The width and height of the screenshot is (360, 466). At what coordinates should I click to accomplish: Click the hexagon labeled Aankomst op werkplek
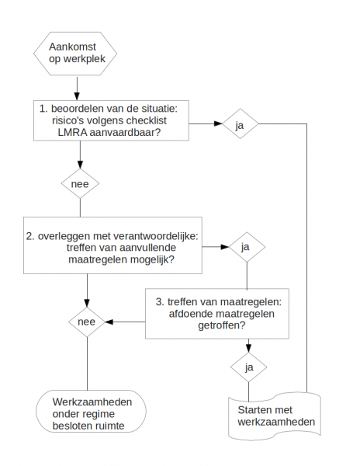pos(75,54)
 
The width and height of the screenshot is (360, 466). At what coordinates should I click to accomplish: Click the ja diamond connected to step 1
pos(240,124)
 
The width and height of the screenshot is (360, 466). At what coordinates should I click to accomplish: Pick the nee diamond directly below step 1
pos(80,183)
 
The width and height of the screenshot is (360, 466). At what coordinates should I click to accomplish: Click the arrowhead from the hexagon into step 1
pos(77,96)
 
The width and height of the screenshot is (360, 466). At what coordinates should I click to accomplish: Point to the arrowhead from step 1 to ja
pos(218,123)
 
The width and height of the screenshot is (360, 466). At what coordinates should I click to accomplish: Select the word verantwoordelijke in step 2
pos(154,236)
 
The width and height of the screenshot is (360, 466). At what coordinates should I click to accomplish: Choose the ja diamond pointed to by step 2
pos(247,247)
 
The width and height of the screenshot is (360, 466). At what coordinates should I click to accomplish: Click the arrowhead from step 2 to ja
pos(225,247)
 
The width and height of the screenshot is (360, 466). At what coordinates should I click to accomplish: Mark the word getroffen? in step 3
pos(221,325)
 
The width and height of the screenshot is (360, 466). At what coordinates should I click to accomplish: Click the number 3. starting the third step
pos(160,301)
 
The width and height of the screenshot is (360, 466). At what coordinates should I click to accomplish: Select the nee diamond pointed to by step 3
pos(87,322)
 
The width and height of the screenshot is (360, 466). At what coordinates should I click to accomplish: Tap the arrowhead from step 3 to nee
pos(109,322)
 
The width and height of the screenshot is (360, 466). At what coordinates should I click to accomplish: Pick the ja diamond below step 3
pos(249,367)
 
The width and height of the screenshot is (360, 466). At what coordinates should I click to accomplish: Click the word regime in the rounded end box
pos(99,414)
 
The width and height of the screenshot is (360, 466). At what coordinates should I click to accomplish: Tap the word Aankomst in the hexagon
pos(72,47)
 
